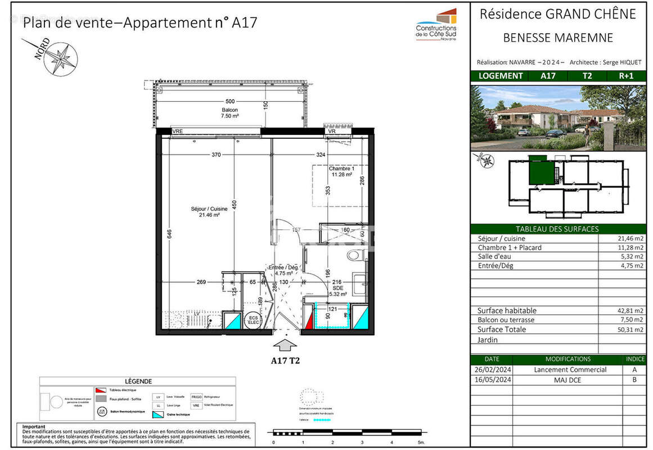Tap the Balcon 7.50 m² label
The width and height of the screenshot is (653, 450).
(x=229, y=112)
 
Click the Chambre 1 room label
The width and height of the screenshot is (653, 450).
(x=342, y=171)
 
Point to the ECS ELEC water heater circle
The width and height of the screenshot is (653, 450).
(x=253, y=320)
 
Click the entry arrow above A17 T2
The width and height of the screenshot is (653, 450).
(x=287, y=344)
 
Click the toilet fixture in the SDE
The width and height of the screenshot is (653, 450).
(x=354, y=255)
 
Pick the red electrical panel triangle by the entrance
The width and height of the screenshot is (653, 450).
(x=308, y=322)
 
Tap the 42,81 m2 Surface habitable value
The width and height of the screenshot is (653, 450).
(x=630, y=310)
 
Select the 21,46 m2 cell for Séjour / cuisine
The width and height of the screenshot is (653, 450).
(x=630, y=238)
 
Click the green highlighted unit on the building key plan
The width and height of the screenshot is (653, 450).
(x=541, y=170)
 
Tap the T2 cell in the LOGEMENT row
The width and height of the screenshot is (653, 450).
(x=586, y=76)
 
